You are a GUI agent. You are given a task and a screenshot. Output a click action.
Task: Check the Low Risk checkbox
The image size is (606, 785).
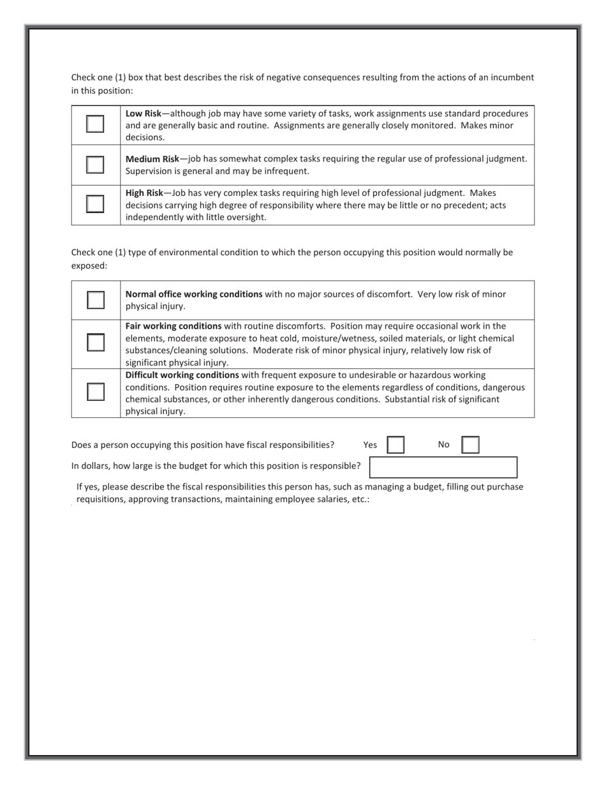[x=95, y=124]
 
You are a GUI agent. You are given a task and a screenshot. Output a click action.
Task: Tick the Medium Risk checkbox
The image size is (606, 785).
[x=95, y=165]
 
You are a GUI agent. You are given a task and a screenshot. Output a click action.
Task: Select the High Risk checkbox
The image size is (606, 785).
[x=95, y=204]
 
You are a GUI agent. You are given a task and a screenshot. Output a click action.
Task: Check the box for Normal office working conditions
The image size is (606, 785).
[x=95, y=300]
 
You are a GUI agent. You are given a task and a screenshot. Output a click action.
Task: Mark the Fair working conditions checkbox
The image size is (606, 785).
[x=95, y=343]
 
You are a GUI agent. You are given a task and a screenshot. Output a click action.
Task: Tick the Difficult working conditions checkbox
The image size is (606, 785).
[x=95, y=392]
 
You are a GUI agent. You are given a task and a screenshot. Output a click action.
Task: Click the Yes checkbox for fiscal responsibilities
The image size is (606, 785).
[x=395, y=445]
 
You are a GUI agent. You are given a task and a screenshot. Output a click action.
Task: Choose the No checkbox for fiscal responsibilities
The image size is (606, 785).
[x=470, y=445]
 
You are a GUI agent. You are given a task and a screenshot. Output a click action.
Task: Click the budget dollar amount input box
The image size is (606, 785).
[x=443, y=467]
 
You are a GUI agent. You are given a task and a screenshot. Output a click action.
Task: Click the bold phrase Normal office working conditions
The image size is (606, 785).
[x=194, y=294]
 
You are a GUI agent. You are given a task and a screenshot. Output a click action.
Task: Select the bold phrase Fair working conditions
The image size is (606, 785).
[x=174, y=326]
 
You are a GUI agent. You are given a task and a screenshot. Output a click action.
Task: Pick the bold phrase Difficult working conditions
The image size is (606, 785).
[x=182, y=375]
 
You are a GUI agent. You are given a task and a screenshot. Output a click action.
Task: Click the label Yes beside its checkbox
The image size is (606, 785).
[x=370, y=445]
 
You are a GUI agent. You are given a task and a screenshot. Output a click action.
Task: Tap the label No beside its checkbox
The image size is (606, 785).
[x=444, y=445]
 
